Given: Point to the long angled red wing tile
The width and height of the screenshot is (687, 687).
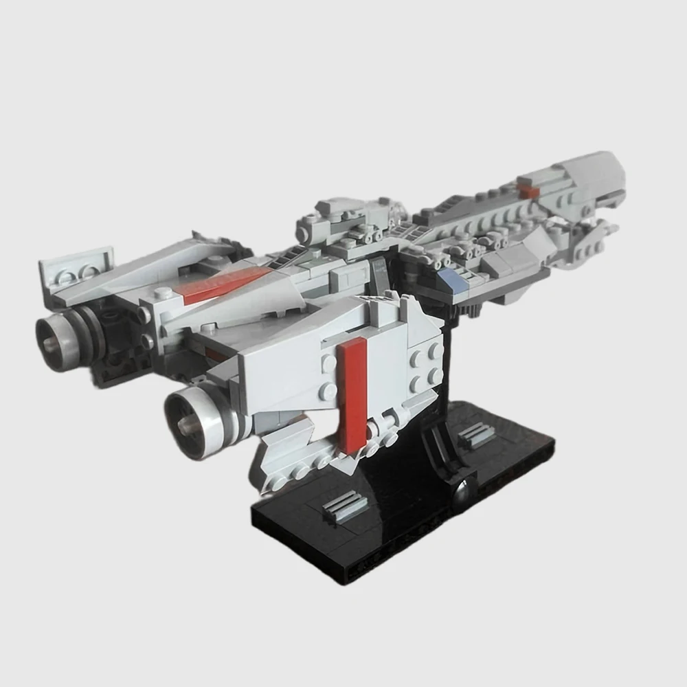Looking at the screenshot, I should click(x=227, y=285).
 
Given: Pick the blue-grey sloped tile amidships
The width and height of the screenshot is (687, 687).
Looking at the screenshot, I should click(x=454, y=278).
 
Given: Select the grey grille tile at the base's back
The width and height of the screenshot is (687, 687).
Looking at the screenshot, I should click(x=477, y=434).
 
